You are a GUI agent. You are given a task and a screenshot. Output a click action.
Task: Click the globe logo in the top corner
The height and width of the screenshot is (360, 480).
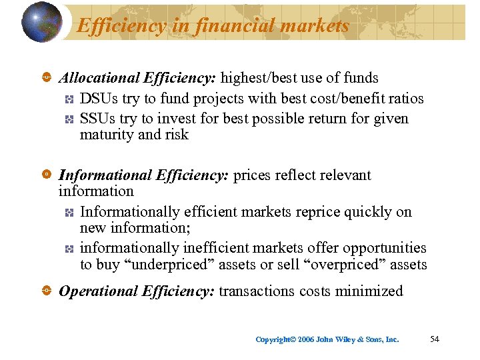[x=41, y=21]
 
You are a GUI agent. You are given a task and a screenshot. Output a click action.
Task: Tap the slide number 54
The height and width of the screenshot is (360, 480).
[x=435, y=339]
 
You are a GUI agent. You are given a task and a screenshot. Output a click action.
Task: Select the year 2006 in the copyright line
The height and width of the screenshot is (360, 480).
[x=305, y=339]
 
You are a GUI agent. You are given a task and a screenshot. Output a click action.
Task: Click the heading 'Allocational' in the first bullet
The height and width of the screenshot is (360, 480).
[x=99, y=78]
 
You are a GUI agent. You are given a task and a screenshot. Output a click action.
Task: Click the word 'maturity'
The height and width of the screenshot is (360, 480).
[x=107, y=135]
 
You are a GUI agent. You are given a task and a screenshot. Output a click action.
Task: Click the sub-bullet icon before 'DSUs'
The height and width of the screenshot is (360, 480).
[x=69, y=99]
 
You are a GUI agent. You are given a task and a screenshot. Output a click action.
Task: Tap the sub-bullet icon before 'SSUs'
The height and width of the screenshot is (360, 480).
[x=69, y=119]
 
